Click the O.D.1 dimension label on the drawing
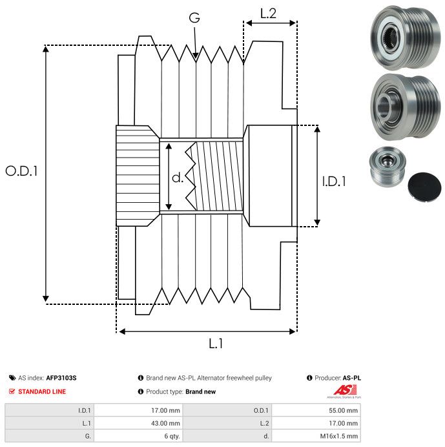tap(22, 171)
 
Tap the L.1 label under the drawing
tap(216, 344)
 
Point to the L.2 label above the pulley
tap(268, 13)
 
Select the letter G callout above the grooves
tap(194, 19)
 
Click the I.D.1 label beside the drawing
tap(334, 182)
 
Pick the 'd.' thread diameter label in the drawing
tap(178, 178)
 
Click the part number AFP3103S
tap(65, 378)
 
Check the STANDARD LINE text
tap(42, 391)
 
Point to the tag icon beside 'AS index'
tap(12, 378)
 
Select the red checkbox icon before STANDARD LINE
tap(12, 391)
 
